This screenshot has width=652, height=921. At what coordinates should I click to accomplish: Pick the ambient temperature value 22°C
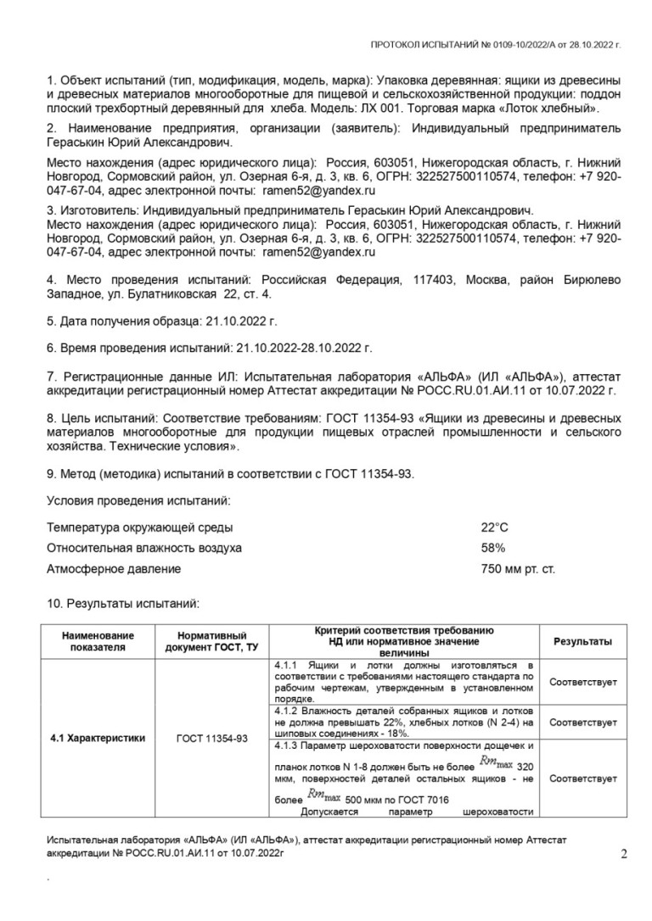click(x=495, y=527)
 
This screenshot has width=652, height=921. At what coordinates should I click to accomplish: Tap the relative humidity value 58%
click(x=493, y=548)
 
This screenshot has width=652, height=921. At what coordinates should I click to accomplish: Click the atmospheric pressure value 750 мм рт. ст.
click(x=518, y=569)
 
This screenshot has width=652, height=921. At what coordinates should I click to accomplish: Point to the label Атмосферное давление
click(x=114, y=569)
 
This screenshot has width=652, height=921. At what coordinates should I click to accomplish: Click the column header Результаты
click(x=582, y=642)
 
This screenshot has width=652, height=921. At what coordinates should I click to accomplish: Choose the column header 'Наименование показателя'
click(x=98, y=642)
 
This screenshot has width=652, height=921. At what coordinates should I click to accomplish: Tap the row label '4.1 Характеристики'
click(x=98, y=738)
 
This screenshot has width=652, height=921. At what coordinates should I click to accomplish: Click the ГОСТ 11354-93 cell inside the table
click(x=212, y=738)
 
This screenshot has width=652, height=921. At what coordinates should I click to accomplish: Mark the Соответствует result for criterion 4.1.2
click(x=582, y=722)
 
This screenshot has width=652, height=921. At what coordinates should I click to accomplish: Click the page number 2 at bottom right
click(x=624, y=854)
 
